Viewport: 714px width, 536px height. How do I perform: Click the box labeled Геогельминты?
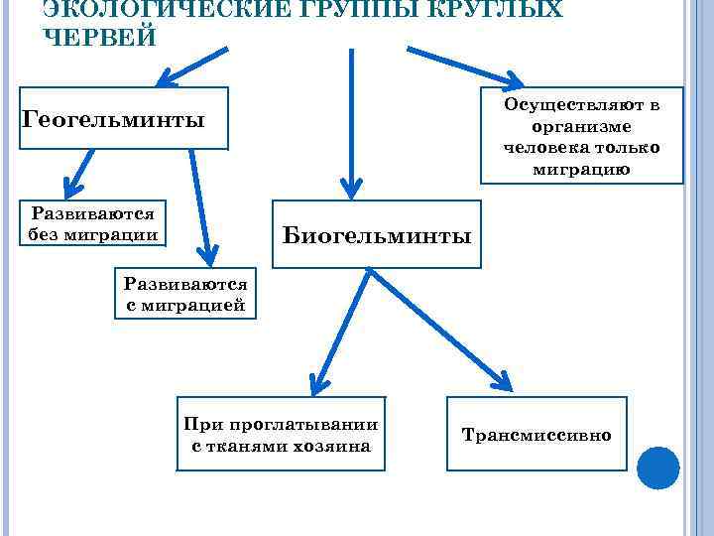click(x=123, y=119)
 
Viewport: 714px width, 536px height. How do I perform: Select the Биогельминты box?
click(x=376, y=235)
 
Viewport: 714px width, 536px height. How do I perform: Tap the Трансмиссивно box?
click(x=536, y=434)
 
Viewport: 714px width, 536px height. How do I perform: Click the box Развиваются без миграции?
click(x=93, y=223)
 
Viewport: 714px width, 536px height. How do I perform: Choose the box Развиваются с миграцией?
click(x=185, y=294)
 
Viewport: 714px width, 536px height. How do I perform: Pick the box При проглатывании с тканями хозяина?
click(x=282, y=434)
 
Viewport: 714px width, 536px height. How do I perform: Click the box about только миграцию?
click(x=581, y=135)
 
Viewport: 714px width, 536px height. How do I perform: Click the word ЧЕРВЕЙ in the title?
click(x=100, y=36)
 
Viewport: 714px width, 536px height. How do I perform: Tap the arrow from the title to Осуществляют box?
click(x=466, y=66)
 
